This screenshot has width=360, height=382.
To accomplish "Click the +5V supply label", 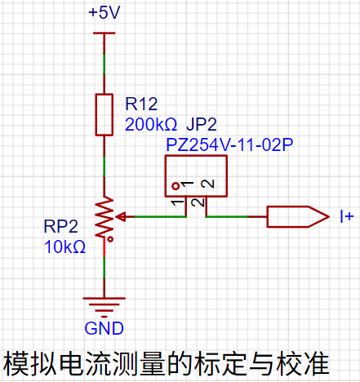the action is (x=104, y=12).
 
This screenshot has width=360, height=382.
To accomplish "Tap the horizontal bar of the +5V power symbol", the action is (x=104, y=33).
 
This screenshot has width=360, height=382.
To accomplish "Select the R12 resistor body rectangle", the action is (x=104, y=114).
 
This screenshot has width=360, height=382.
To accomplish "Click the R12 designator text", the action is (x=141, y=104).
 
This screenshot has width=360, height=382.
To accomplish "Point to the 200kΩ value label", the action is (x=151, y=125).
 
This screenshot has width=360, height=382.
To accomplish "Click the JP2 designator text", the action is (x=202, y=125).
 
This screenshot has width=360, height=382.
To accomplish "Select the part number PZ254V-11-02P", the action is (x=229, y=144).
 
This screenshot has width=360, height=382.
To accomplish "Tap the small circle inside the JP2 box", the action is (x=176, y=186).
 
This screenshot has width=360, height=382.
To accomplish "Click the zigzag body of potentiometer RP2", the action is (x=104, y=217).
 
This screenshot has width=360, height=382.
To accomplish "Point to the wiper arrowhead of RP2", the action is (x=120, y=217).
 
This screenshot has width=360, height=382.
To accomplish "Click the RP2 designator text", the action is (x=61, y=226).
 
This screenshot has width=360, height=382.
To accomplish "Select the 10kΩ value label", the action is (x=64, y=247).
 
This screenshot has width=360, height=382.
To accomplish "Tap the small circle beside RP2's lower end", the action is (x=110, y=239).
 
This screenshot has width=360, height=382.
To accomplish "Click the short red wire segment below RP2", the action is (x=104, y=247).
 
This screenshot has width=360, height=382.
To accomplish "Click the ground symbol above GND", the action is (x=104, y=308).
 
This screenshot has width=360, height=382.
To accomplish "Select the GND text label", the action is (x=104, y=328).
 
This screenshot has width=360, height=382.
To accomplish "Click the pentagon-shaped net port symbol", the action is (x=298, y=216).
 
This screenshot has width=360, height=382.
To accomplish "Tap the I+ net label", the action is (x=347, y=216).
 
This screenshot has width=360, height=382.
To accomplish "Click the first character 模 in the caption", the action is (x=16, y=363).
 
